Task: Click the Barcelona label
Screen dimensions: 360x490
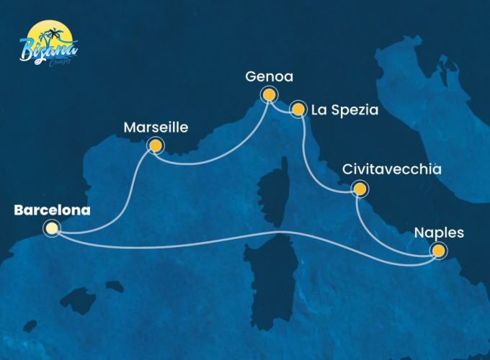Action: click(x=52, y=211)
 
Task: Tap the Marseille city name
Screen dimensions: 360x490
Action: click(x=156, y=128)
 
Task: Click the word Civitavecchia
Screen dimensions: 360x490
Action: click(x=391, y=171)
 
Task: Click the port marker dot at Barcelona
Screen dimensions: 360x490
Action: click(x=52, y=229)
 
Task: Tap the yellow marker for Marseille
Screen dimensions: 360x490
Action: click(x=154, y=146)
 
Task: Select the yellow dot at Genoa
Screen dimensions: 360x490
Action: click(x=269, y=94)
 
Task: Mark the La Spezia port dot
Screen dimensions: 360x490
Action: click(x=298, y=109)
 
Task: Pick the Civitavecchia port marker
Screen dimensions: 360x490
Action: click(x=358, y=190)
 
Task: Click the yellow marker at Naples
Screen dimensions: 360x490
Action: click(x=437, y=251)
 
